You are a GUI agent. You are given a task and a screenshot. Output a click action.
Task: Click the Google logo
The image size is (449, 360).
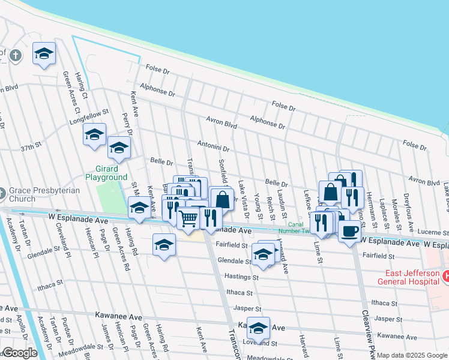(x=19, y=353)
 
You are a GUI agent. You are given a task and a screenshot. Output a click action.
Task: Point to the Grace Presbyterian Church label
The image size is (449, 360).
(x=39, y=194)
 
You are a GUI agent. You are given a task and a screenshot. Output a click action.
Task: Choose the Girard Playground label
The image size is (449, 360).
(x=106, y=173)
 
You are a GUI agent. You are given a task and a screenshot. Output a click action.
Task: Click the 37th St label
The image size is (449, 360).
(x=31, y=146)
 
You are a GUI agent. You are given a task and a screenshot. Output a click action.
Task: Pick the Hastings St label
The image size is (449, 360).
(x=241, y=277)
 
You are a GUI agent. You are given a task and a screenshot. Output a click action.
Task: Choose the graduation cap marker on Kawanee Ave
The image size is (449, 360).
(x=258, y=328)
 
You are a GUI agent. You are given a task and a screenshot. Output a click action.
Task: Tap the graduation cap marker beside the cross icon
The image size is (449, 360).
(x=44, y=54)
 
